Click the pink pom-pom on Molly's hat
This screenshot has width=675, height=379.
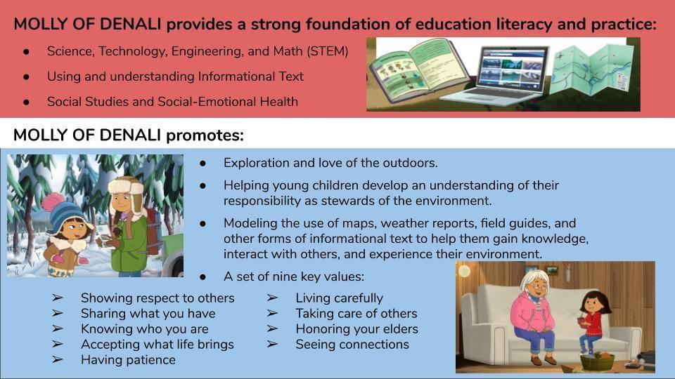pos(53,201)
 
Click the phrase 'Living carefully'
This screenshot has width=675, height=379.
pos(339,298)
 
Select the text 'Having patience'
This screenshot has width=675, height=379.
pos(128,359)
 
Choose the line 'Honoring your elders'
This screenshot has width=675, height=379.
pos(357,328)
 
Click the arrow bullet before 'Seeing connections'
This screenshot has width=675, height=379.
pos(272,344)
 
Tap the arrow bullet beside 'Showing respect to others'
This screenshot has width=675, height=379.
pos(58,298)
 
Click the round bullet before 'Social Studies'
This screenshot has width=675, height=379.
pos(27,102)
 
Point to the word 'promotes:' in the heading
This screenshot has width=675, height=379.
pos(205,135)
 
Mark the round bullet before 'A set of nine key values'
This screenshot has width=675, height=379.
pos(202,277)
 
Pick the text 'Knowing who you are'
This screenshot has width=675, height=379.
pos(145,328)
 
